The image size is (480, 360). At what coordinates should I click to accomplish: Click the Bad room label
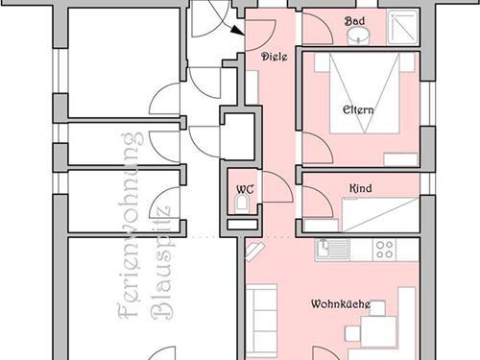(x=354, y=21)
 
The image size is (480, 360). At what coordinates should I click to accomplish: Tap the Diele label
(x=275, y=57)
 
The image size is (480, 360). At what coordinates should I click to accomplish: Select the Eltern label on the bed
(x=358, y=109)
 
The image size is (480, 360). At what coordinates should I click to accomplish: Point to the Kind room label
(x=361, y=188)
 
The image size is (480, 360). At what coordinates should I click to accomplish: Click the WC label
(x=245, y=189)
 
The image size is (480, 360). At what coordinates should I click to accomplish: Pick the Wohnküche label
(x=341, y=303)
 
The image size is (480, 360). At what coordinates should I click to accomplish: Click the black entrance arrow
(x=237, y=30)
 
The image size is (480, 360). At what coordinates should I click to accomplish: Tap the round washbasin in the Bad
(x=358, y=36)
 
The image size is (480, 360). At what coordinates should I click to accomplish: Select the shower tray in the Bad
(x=402, y=27)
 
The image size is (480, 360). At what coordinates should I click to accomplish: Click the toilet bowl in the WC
(x=242, y=204)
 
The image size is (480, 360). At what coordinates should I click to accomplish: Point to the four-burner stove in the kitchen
(x=384, y=250)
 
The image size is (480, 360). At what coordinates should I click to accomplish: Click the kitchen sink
(x=332, y=250)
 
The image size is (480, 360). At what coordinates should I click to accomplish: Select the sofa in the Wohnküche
(x=261, y=321)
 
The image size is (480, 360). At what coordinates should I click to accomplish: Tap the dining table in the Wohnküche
(x=378, y=331)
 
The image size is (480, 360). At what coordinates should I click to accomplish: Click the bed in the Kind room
(x=380, y=214)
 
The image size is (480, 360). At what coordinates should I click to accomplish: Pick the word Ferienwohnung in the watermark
(x=131, y=226)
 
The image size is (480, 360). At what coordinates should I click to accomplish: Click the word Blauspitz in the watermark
(x=163, y=262)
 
